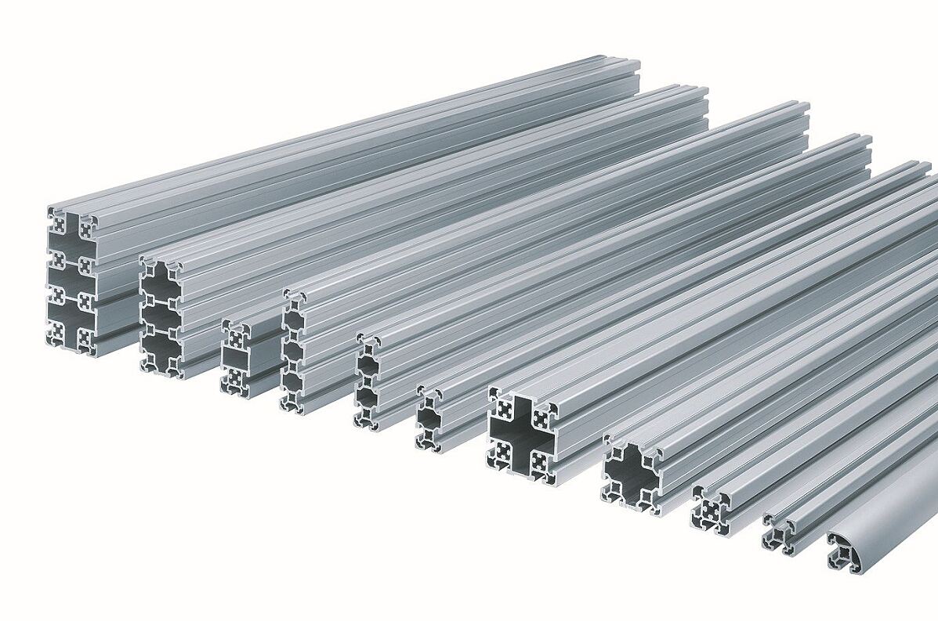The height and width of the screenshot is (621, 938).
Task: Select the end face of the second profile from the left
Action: pyautogui.click(x=161, y=318)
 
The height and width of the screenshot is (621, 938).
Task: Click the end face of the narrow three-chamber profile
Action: pyautogui.click(x=292, y=352)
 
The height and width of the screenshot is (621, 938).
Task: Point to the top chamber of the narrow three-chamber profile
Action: pyautogui.click(x=293, y=320)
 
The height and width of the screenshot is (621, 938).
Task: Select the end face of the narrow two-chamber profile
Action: pyautogui.click(x=366, y=382)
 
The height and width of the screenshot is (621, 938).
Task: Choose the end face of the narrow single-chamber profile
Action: pyautogui.click(x=429, y=419)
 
